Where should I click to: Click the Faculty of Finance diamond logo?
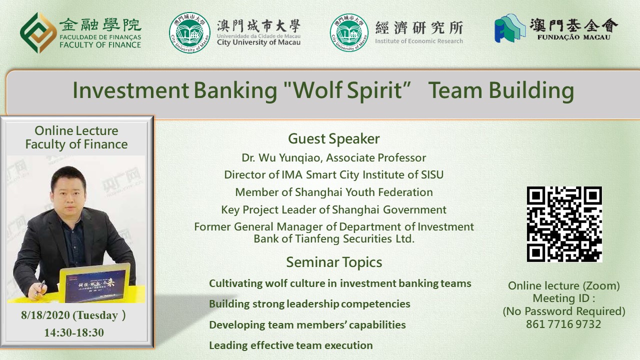pyautogui.click(x=38, y=32)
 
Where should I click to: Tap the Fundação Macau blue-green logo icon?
pyautogui.click(x=510, y=28)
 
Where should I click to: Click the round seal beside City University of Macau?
pyautogui.click(x=189, y=32)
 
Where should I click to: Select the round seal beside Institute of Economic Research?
pyautogui.click(x=349, y=32)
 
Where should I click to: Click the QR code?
pyautogui.click(x=564, y=224)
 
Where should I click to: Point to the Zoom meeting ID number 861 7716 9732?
pyautogui.click(x=563, y=324)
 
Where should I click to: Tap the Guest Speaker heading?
pyautogui.click(x=333, y=139)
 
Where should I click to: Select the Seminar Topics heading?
pyautogui.click(x=334, y=262)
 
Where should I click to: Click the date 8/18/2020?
pyautogui.click(x=45, y=315)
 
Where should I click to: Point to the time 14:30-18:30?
pyautogui.click(x=74, y=332)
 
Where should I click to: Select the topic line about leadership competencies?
pyautogui.click(x=309, y=304)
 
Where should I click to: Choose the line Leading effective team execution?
pyautogui.click(x=291, y=345)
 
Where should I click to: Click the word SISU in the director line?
pyautogui.click(x=432, y=174)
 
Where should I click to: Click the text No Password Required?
pyautogui.click(x=564, y=311)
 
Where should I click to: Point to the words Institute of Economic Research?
pyautogui.click(x=419, y=41)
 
